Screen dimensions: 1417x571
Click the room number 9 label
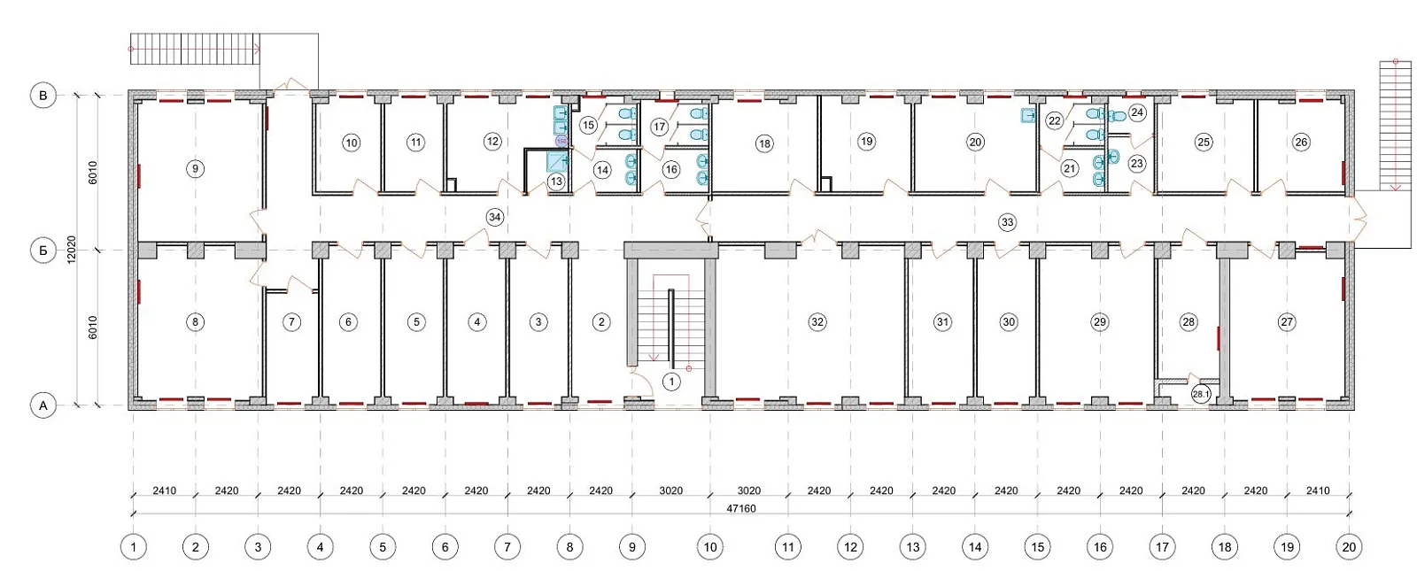[196, 169]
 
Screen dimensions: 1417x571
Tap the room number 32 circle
[817, 322]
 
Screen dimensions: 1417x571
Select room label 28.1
[1200, 394]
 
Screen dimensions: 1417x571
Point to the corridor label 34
[495, 218]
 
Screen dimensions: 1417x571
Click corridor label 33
[1007, 222]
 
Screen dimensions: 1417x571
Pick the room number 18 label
[764, 143]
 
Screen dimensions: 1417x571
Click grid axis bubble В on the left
[43, 96]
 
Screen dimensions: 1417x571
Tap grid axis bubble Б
[43, 251]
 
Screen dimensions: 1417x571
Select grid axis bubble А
[43, 405]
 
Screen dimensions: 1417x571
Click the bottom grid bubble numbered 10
[709, 547]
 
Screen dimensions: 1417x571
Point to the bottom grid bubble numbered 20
[1349, 547]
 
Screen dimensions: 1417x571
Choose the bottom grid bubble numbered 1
[133, 547]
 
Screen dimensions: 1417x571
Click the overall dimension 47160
[740, 508]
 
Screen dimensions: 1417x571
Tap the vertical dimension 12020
[72, 250]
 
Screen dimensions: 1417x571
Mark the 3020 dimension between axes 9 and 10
[670, 490]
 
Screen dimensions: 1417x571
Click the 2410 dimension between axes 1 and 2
[165, 490]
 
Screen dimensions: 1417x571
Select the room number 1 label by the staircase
[671, 382]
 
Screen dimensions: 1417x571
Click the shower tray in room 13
[558, 161]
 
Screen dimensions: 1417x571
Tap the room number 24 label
[1137, 112]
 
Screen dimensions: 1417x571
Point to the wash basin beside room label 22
[1028, 116]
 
